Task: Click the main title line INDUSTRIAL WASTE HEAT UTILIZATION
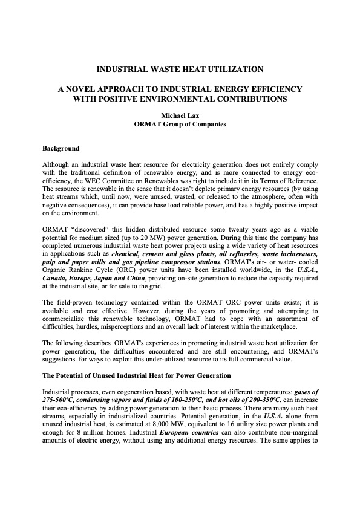(x=180, y=69)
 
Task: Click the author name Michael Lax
(x=180, y=115)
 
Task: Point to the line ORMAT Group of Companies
(x=180, y=125)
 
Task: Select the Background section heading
(x=61, y=148)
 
